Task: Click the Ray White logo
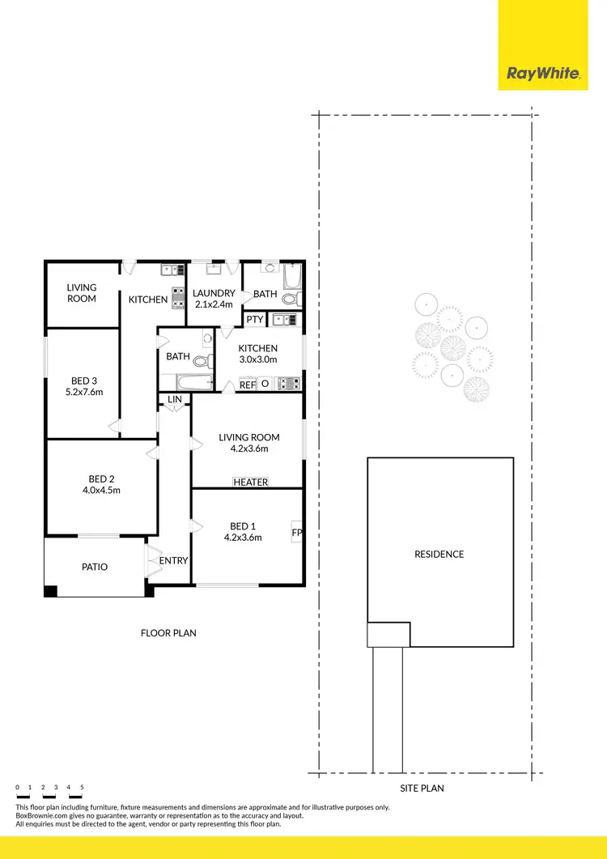point(543,74)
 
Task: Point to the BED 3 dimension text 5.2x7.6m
point(84,392)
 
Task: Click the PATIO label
point(95,567)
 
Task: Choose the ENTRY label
point(173,560)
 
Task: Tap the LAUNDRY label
point(214,293)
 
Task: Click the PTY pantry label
point(255,320)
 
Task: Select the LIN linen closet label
point(174,399)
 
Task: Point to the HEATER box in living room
point(250,482)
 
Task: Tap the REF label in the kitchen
point(248,385)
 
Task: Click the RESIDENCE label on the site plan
point(439,555)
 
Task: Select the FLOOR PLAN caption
point(168,633)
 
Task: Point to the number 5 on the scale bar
point(82,787)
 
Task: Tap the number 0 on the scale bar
point(17,787)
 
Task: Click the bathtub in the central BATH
point(185,382)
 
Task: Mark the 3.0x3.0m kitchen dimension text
point(257,359)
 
